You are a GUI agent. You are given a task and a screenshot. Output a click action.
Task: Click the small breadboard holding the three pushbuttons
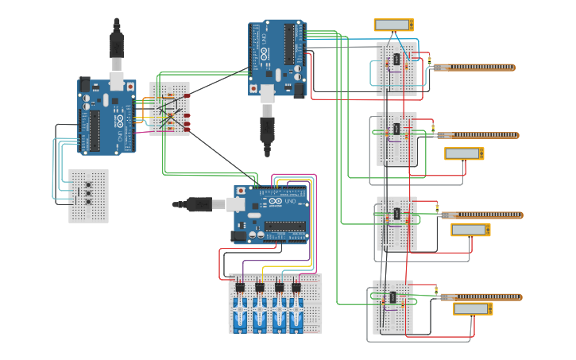click(88, 195)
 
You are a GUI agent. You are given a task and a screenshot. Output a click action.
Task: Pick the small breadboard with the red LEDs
click(170, 109)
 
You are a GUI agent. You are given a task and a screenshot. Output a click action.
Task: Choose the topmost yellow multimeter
click(394, 25)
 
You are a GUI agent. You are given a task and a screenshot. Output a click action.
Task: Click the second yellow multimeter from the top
click(463, 153)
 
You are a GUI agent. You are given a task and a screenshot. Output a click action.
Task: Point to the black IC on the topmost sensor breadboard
click(396, 60)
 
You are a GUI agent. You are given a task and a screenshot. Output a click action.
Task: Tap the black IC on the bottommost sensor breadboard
click(392, 298)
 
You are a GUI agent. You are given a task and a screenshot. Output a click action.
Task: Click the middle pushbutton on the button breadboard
click(88, 193)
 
